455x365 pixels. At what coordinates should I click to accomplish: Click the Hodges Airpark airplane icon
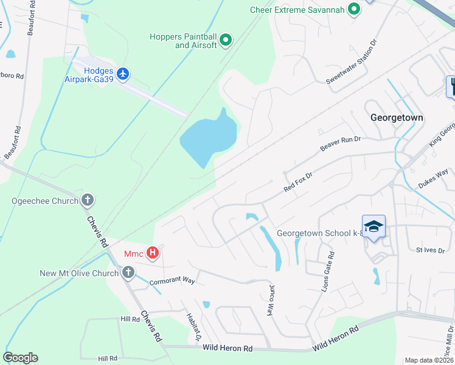click(123, 74)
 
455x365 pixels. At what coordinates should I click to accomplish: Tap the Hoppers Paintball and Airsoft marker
click(226, 41)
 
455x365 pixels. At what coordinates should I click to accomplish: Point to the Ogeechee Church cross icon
click(88, 200)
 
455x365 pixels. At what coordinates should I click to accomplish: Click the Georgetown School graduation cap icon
click(373, 226)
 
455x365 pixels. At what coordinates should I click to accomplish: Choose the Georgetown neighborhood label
click(397, 117)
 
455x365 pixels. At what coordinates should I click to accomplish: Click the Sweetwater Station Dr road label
click(352, 62)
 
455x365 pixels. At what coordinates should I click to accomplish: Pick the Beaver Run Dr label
click(340, 144)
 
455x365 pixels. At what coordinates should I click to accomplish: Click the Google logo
click(20, 358)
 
